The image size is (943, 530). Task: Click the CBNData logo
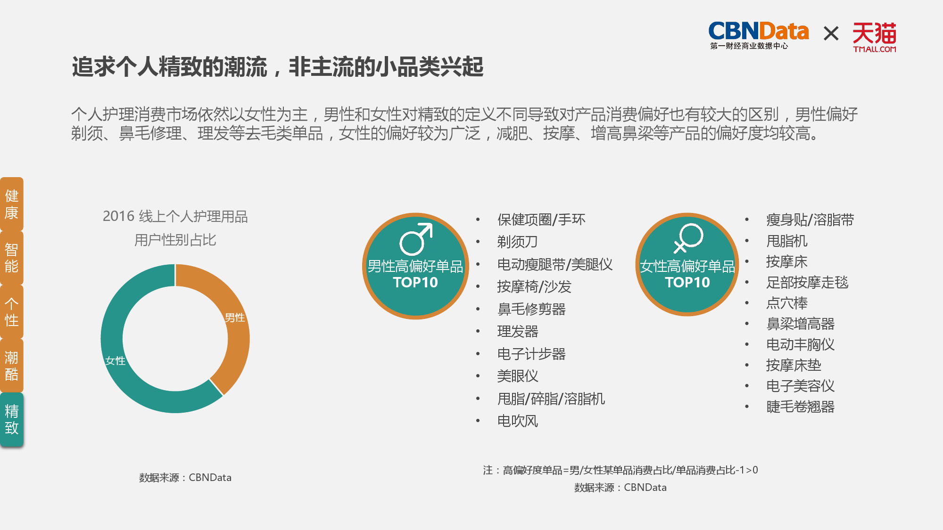pos(758,35)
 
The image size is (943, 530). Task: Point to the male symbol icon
pos(416,239)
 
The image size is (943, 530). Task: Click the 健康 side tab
pos(12,204)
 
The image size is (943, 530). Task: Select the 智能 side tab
pos(12,258)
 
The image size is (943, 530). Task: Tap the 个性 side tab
pos(12,311)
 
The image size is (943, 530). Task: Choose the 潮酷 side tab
pos(12,366)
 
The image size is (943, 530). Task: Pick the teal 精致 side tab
pos(12,419)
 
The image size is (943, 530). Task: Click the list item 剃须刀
pos(517,242)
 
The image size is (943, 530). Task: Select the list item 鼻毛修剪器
pos(531,309)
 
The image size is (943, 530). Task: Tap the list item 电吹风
pos(517,421)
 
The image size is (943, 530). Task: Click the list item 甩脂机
pos(786,241)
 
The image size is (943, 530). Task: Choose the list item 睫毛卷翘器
pos(800,407)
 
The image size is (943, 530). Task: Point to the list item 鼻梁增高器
pos(800,324)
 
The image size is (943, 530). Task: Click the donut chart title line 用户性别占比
pos(175,240)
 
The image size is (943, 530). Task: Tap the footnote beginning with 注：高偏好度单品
pos(620,470)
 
